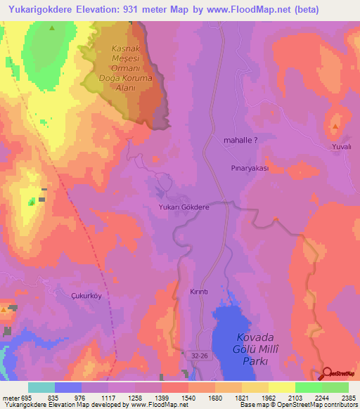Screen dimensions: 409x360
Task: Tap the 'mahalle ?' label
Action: (x=240, y=141)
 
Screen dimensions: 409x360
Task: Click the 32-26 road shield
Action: (x=200, y=358)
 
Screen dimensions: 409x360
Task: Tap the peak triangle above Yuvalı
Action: (x=335, y=126)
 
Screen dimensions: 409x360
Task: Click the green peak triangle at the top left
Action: (x=53, y=27)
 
